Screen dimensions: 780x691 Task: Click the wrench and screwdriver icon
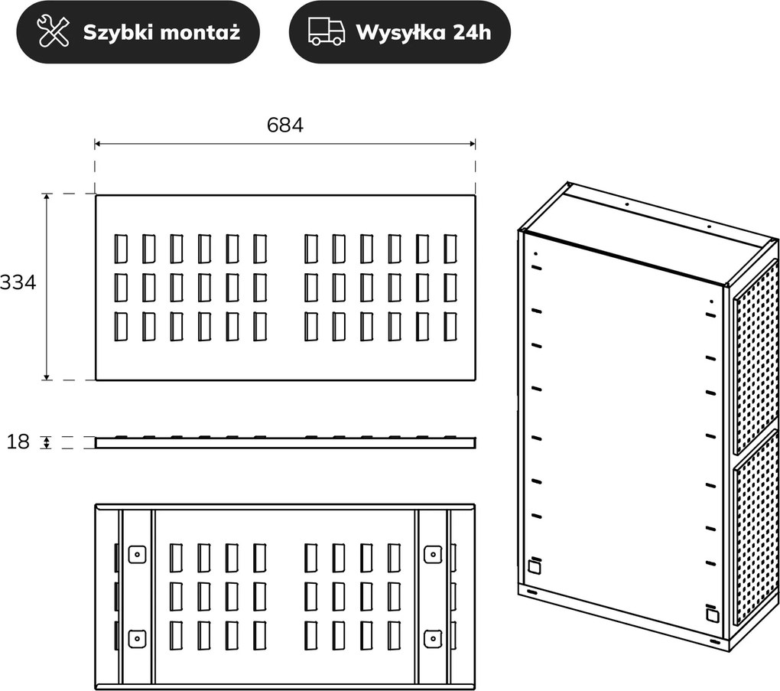click(x=54, y=31)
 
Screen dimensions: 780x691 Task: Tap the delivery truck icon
click(x=327, y=32)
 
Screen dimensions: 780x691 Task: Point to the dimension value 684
click(x=285, y=125)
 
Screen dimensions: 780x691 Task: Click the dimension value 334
click(x=18, y=282)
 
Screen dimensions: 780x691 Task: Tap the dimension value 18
click(x=18, y=442)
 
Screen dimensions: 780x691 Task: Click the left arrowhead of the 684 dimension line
click(x=98, y=144)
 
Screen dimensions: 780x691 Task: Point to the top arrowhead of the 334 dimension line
click(x=47, y=197)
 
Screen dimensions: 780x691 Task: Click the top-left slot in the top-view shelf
click(x=120, y=249)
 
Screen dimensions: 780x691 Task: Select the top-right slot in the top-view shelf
click(x=450, y=249)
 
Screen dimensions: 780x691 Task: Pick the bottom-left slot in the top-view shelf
click(x=120, y=327)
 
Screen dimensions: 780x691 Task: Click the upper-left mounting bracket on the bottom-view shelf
click(x=138, y=553)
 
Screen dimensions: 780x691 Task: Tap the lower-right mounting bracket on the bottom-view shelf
click(x=434, y=638)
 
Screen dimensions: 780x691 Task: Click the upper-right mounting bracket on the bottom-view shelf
click(x=434, y=553)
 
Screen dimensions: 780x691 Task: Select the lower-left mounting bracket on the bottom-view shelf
click(x=138, y=638)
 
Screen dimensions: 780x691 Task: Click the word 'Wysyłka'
click(x=400, y=33)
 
